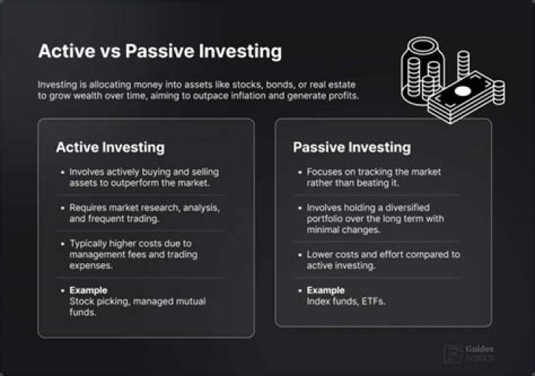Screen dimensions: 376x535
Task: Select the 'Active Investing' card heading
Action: pyautogui.click(x=110, y=147)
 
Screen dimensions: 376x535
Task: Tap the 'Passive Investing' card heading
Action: pyautogui.click(x=351, y=147)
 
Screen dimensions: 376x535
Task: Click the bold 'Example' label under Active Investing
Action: pyautogui.click(x=88, y=290)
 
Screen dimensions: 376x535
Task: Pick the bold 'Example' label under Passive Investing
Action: pyautogui.click(x=325, y=290)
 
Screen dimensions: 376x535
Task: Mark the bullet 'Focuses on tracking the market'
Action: pyautogui.click(x=374, y=178)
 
